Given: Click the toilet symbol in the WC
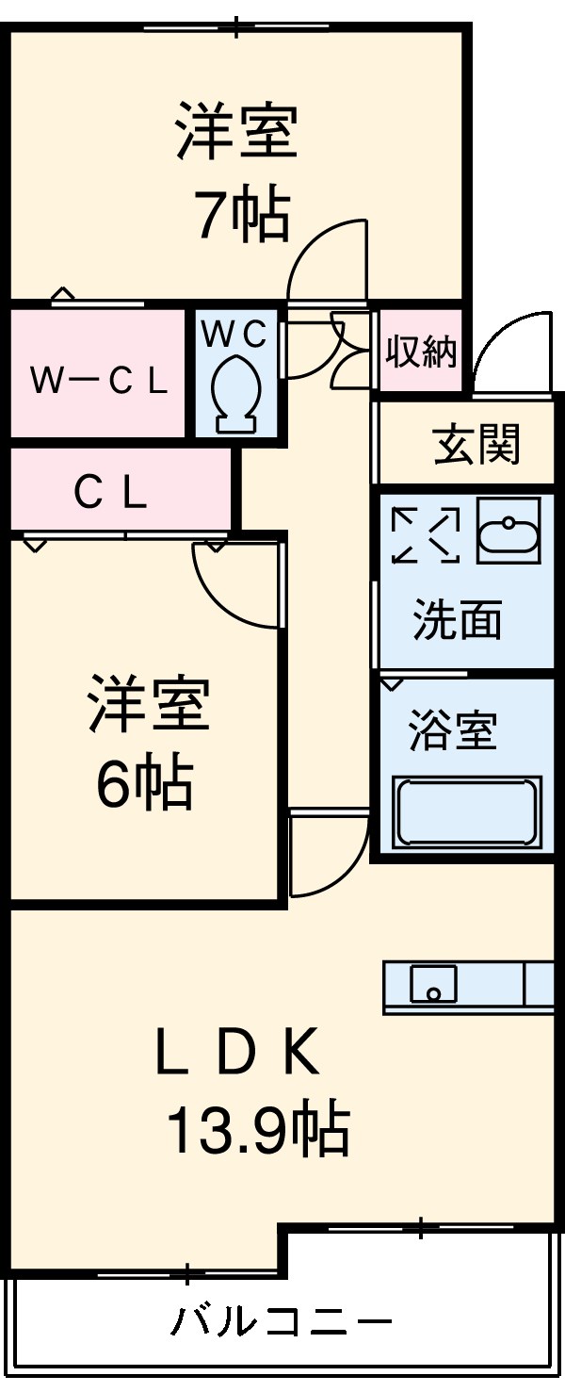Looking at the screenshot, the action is coord(235,391).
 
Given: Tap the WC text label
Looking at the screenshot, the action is coord(235,333).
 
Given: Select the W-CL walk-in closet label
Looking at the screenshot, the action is coord(98,381).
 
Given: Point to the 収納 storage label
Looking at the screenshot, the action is coord(421,352).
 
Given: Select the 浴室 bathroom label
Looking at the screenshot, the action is coord(452,730).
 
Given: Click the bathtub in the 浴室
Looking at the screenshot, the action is coord(466,811).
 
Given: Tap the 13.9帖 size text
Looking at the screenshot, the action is coord(258,1130).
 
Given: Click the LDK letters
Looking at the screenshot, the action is coord(237,1056).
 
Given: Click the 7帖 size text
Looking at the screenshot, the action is coord(241,216).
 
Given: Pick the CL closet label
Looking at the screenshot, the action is coord(110,491).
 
